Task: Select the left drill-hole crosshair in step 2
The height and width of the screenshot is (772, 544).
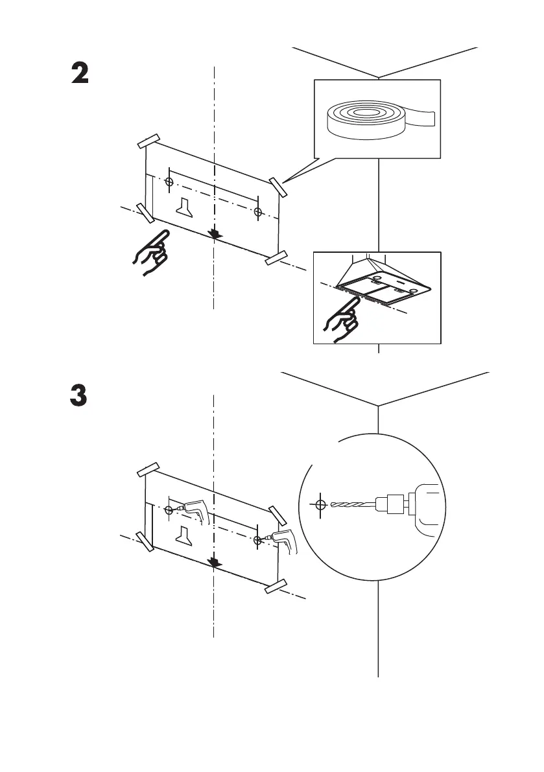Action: click(169, 181)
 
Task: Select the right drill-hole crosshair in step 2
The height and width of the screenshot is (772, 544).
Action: click(258, 212)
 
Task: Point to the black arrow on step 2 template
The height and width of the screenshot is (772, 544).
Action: click(214, 233)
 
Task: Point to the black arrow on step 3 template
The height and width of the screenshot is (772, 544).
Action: click(214, 561)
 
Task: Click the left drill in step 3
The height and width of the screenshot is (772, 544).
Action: click(193, 512)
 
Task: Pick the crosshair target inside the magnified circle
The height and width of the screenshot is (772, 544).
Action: click(318, 504)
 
